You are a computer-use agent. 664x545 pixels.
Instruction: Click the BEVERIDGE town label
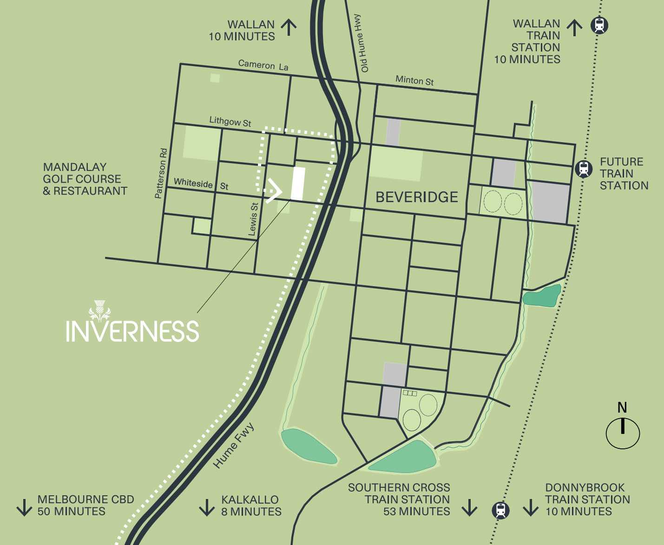[416, 197]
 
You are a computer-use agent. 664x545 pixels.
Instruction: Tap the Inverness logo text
[132, 331]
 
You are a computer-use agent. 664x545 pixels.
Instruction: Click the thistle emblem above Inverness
[99, 311]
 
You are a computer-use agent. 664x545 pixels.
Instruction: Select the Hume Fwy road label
[234, 445]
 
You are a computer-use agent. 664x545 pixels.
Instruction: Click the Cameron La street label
[263, 65]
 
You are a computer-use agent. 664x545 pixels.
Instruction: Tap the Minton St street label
[414, 80]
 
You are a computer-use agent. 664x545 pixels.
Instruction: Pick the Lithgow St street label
[230, 121]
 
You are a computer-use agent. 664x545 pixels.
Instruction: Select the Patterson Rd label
[161, 173]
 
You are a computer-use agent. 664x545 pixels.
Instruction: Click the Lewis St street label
[253, 219]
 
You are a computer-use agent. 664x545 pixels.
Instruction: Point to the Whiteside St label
[201, 184]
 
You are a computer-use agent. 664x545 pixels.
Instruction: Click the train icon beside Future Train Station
[584, 169]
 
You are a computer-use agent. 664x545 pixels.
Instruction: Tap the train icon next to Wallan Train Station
[599, 25]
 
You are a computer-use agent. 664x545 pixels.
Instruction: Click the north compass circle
[623, 433]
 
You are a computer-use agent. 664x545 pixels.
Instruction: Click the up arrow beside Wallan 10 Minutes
[289, 27]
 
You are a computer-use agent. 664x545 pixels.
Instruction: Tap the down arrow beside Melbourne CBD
[24, 507]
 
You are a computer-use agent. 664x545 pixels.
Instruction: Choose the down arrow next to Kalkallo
[207, 507]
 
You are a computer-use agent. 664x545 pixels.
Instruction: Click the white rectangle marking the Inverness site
[298, 184]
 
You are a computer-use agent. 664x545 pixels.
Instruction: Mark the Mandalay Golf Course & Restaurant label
[85, 179]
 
